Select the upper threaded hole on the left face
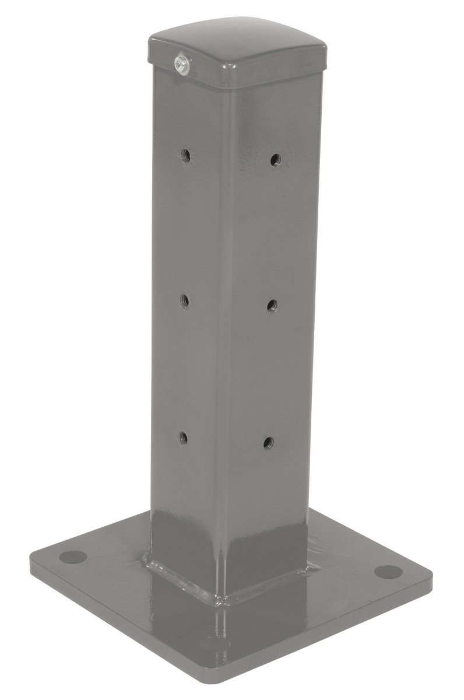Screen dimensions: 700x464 click(186, 155)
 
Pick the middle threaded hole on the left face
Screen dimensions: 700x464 click(184, 300)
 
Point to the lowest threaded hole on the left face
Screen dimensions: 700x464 click(183, 437)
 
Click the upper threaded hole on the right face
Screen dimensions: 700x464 click(275, 159)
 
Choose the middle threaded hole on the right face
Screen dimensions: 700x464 click(272, 304)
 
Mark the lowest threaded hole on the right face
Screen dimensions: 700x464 click(268, 442)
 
